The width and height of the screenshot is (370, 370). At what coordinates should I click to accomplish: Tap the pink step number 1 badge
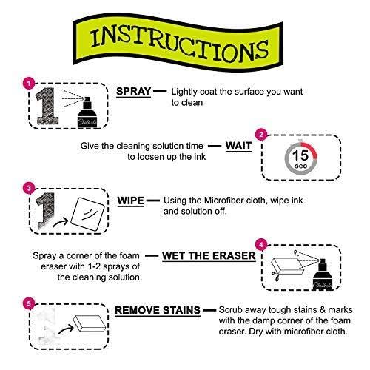coord(29,83)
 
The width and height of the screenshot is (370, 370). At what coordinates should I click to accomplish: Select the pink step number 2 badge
coord(261,135)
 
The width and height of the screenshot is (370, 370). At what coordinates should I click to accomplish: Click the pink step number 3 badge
coord(29,188)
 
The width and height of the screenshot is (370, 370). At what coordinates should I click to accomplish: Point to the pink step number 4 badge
coord(261,245)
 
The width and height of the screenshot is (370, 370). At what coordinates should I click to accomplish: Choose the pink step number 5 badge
coord(29,303)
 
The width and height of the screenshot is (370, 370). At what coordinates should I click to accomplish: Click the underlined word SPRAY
coord(133,92)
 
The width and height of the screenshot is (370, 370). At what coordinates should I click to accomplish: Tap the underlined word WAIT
coord(238,146)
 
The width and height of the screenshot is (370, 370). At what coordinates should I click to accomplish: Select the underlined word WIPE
coord(130,201)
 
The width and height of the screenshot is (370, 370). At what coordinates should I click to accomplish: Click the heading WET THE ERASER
coord(209,256)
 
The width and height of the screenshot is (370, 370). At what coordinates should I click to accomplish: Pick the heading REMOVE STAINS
coord(158,311)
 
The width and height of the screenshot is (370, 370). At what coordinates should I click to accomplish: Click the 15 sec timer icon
coord(300,157)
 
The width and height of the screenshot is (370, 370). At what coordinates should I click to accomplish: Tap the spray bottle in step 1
coord(87,112)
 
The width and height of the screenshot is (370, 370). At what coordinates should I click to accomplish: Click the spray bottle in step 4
coord(323,275)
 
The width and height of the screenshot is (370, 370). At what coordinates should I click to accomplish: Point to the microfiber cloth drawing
coord(87,214)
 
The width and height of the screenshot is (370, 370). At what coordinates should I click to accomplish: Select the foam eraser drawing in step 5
coord(90,323)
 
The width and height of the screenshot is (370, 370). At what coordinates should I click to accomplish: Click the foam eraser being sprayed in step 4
coord(287,266)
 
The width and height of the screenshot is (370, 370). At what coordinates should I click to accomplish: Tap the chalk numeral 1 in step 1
coord(47,106)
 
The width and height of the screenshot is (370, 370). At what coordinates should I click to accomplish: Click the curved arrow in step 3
coord(61,222)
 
